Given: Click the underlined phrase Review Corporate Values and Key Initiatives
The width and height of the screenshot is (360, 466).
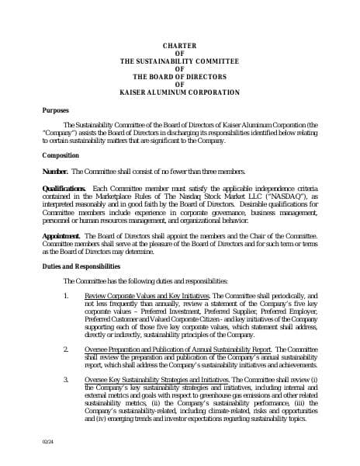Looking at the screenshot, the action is [x=147, y=296].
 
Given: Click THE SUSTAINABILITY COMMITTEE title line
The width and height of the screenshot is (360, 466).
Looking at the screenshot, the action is [x=179, y=60].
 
